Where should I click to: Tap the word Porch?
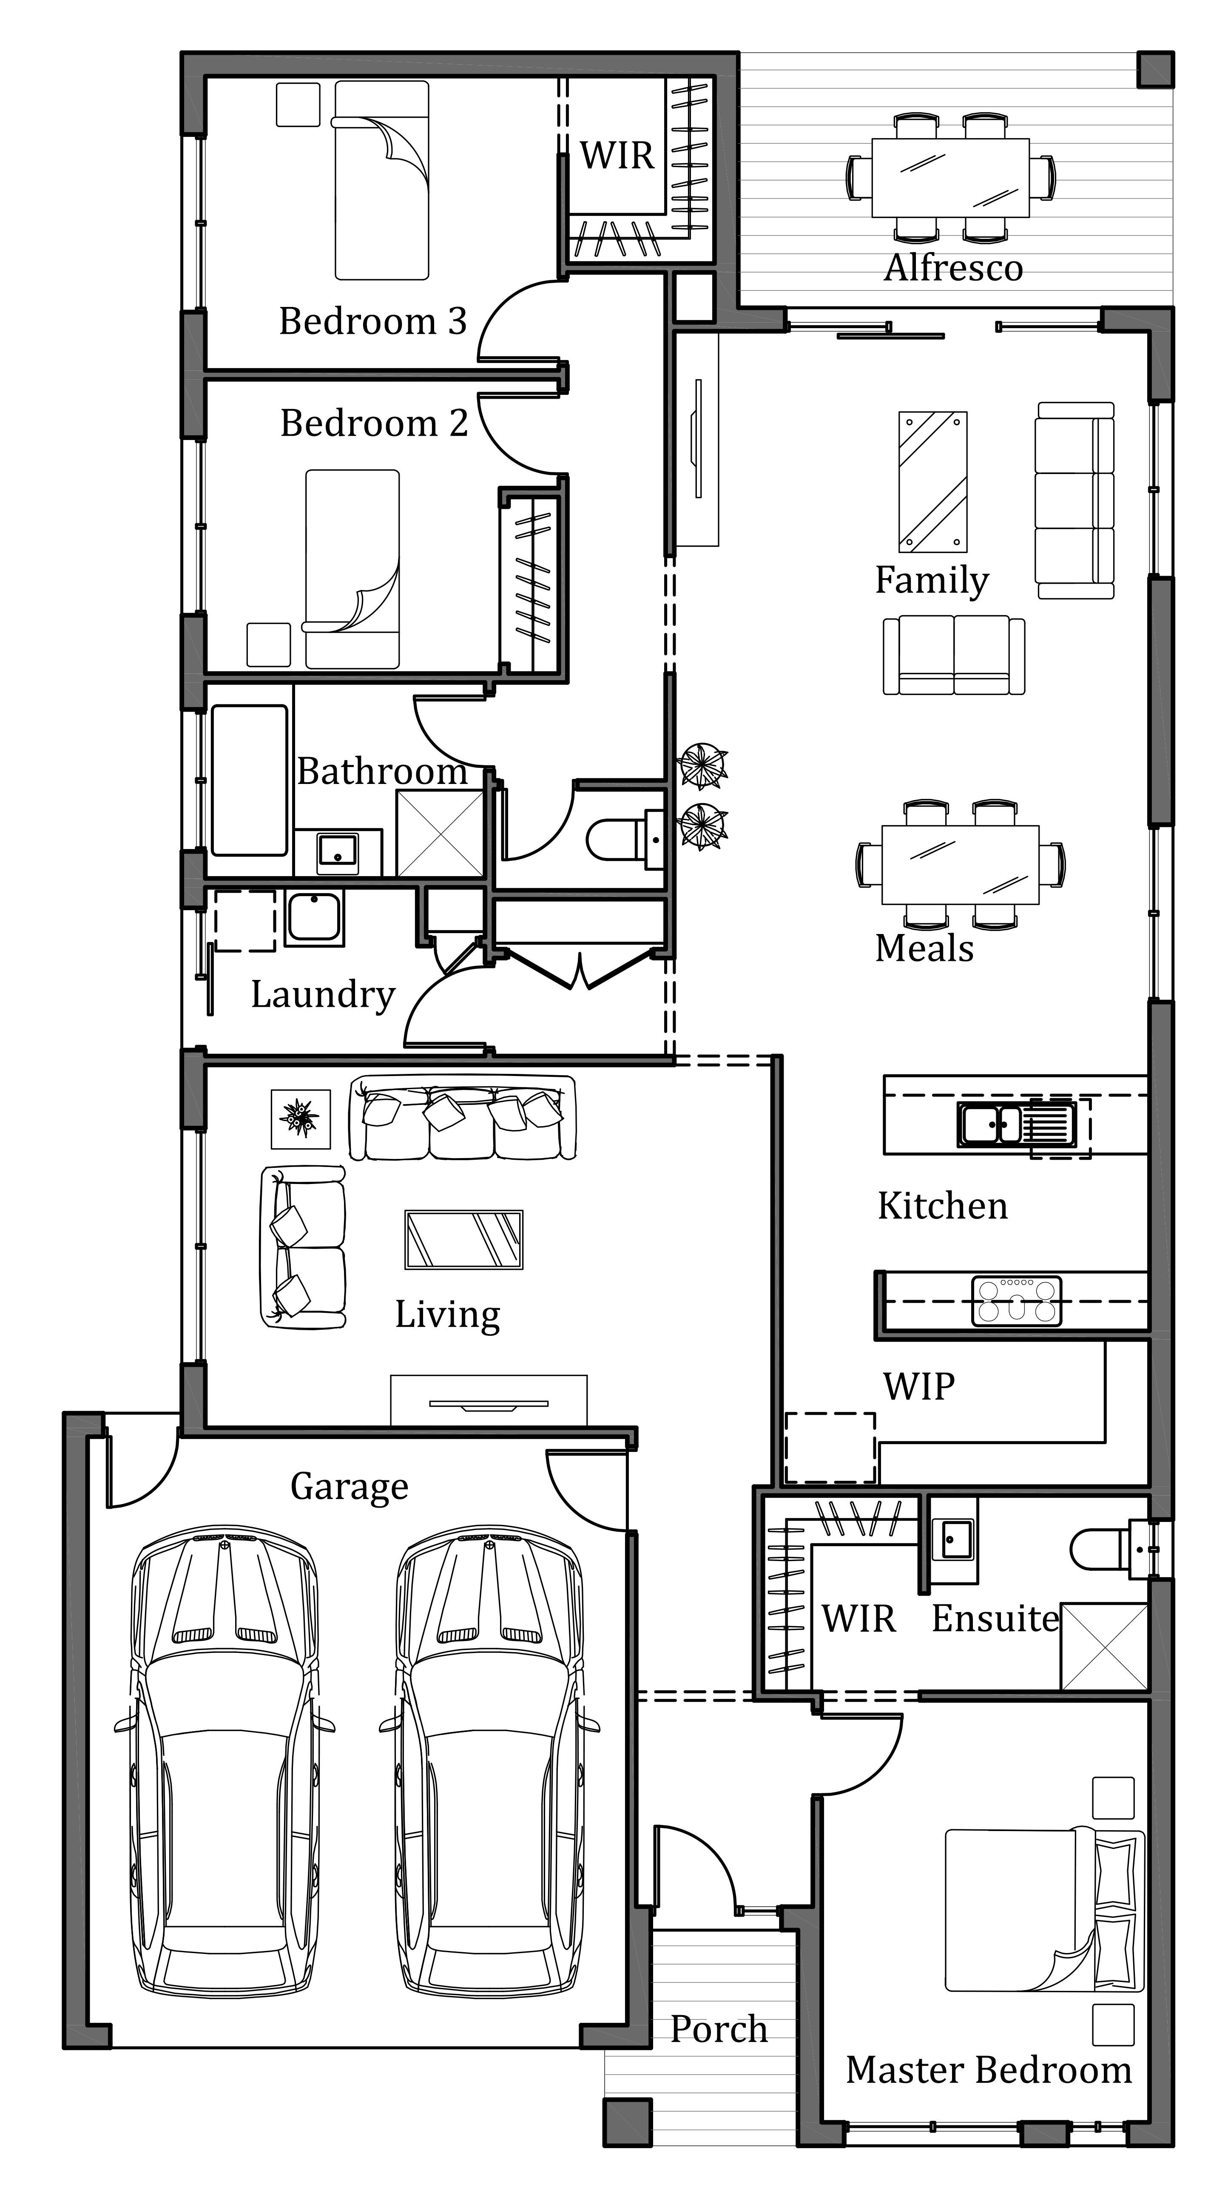click(x=719, y=2029)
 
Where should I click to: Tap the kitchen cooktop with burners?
click(x=1016, y=1301)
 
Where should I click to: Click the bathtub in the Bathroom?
click(x=250, y=781)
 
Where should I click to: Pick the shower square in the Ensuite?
click(x=1105, y=1647)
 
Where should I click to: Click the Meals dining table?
click(x=961, y=864)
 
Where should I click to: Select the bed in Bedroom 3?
click(x=382, y=180)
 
